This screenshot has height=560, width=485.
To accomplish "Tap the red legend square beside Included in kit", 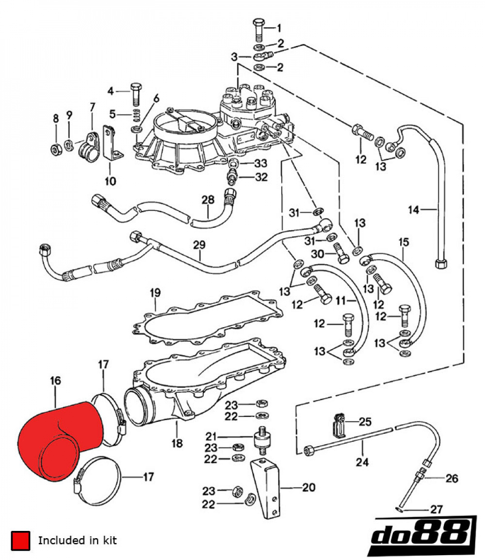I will (20, 540).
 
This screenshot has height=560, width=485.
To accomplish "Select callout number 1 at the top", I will (279, 28).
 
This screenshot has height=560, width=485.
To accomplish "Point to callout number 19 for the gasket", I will (155, 293).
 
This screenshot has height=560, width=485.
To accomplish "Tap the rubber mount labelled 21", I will (262, 438).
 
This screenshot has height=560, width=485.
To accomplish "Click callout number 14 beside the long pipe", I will (413, 210).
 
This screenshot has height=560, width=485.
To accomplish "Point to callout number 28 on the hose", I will (208, 200).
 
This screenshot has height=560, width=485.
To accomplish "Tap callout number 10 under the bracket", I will (110, 181).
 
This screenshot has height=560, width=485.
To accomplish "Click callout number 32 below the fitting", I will (261, 177).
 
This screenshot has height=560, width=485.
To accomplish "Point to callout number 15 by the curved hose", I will (404, 241).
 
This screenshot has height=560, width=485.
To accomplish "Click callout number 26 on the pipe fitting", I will (452, 479).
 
